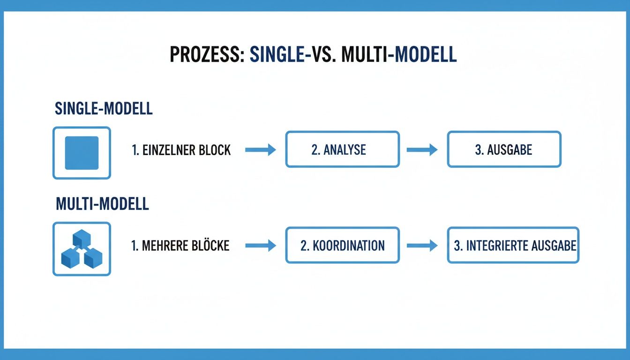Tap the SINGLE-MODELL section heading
tap(104, 108)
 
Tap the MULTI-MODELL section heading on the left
tap(102, 204)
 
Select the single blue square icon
tap(82, 153)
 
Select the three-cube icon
tap(82, 249)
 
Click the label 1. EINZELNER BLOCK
tap(181, 150)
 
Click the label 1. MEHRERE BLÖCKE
tap(180, 246)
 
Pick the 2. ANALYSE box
tap(342, 150)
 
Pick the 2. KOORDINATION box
tap(342, 245)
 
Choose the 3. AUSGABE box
tap(504, 150)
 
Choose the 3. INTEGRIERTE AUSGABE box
tap(513, 245)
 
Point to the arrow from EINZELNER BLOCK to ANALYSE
tap(261, 150)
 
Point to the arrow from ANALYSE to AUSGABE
tap(422, 150)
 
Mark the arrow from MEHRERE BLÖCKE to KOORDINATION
tap(261, 246)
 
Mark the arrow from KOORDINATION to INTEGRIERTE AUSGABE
tap(422, 246)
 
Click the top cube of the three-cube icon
tap(81, 238)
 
